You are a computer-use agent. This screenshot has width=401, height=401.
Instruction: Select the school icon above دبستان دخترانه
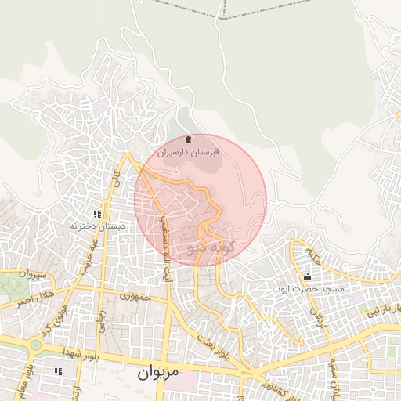point(97,213)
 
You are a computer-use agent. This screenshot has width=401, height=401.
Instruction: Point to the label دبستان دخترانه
point(97,226)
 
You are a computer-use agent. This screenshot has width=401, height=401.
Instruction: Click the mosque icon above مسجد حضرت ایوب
point(307,277)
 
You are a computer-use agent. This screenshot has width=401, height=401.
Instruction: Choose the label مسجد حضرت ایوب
point(307,290)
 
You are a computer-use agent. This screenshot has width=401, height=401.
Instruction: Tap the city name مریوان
point(159,374)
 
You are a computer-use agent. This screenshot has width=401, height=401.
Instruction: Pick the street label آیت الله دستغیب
point(165,249)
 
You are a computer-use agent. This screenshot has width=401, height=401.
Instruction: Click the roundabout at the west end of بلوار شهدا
point(36,344)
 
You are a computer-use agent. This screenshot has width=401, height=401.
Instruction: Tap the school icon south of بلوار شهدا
point(56,370)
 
